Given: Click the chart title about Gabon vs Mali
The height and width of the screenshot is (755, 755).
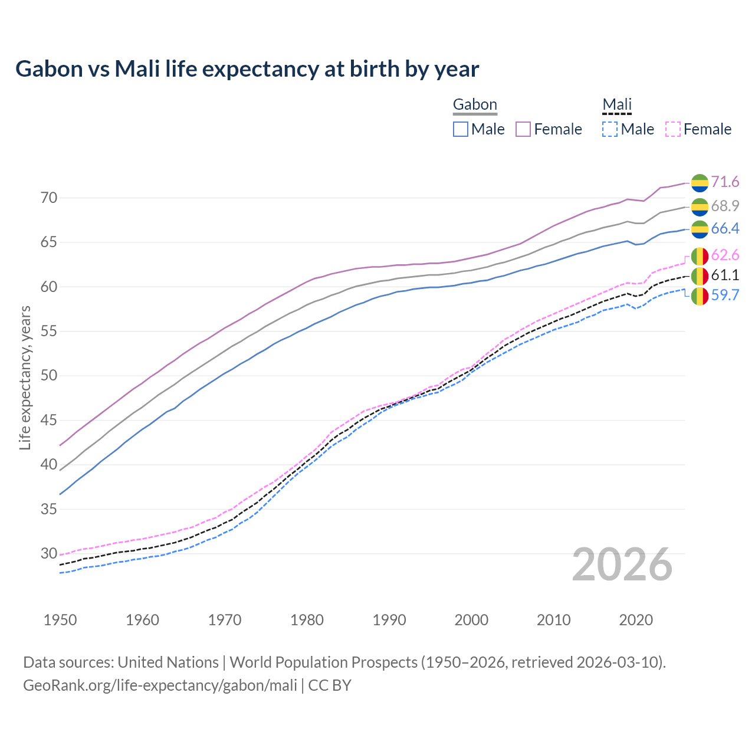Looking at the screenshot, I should point(247,69).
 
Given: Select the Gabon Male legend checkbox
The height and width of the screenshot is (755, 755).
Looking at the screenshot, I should point(461,129).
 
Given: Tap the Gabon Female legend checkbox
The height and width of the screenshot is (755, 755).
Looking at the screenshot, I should point(523,129).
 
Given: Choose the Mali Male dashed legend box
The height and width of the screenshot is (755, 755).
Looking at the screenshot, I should point(610,129).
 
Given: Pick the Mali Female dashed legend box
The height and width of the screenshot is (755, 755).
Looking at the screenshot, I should point(673,129).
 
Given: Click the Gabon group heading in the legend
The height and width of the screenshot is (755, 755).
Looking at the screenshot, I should point(475,105).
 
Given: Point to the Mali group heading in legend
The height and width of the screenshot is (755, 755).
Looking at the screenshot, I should point(617,105).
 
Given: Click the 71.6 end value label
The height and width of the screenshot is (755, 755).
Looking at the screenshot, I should point(725,182).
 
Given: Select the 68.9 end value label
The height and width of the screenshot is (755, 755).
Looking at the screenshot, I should point(725,206).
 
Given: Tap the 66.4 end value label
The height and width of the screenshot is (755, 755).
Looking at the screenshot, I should point(725,229).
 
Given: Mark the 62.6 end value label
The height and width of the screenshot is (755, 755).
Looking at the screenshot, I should point(725,255).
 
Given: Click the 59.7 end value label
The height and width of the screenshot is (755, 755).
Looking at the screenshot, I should point(725,295).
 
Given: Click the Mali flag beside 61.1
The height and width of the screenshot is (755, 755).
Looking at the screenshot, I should point(700,275).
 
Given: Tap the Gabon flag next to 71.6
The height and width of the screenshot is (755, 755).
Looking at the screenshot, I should point(700,183).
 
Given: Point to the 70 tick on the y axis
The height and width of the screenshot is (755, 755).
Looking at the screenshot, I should point(49,198).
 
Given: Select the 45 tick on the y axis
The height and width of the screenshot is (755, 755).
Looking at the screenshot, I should point(49,420).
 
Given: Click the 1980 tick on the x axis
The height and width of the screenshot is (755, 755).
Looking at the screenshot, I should point(307,620).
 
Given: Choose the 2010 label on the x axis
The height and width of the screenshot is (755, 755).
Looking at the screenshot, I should point(553,620).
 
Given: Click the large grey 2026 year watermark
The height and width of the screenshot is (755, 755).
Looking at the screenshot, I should point(622,564).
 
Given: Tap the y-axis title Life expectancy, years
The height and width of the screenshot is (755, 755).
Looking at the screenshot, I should point(25,377).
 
